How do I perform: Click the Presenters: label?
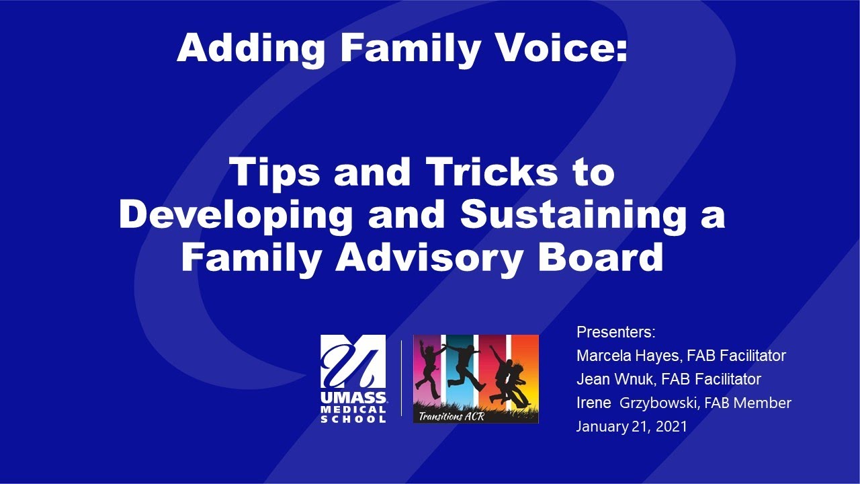click(x=615, y=332)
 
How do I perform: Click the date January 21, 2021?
click(x=632, y=426)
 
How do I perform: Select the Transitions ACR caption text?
click(x=451, y=415)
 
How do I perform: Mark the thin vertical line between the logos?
click(x=402, y=378)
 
